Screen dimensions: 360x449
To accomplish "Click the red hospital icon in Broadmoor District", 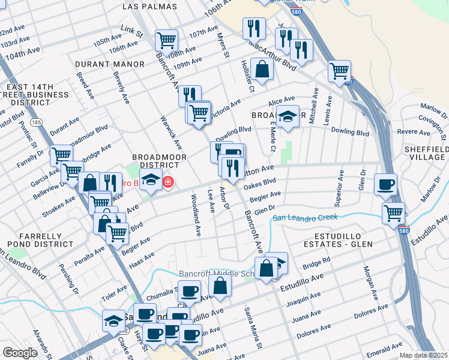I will click(x=169, y=181).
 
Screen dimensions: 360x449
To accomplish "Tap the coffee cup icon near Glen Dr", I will click(x=385, y=184).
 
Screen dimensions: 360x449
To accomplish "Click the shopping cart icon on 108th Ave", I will click(x=166, y=41).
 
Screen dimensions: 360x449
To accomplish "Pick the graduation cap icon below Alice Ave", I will click(x=288, y=116).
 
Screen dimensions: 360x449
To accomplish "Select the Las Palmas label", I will click(x=149, y=7).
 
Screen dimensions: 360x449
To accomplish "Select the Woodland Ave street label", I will click(x=194, y=214).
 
